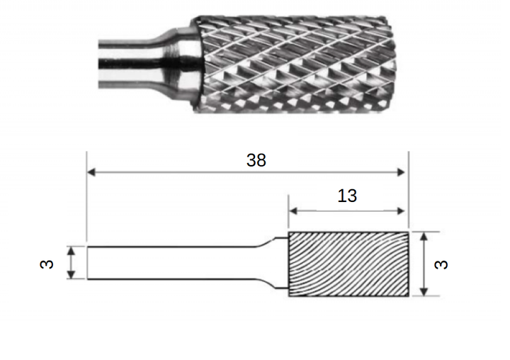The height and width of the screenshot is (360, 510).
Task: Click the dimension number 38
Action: click(x=256, y=160)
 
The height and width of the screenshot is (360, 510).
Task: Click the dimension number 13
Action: click(x=347, y=196)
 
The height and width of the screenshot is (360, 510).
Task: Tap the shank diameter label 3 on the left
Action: click(x=47, y=264)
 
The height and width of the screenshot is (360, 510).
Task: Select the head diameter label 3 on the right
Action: click(x=441, y=264)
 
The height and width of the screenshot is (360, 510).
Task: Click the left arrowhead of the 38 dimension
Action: click(x=91, y=172)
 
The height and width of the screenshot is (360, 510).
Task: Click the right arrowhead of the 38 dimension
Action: click(x=401, y=172)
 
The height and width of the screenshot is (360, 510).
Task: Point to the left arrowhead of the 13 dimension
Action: click(x=293, y=211)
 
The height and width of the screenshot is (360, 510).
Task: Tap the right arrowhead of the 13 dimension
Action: click(x=401, y=211)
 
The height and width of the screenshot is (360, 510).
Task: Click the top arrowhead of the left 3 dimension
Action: click(x=72, y=251)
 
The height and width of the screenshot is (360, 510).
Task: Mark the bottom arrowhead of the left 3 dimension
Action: click(x=72, y=275)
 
